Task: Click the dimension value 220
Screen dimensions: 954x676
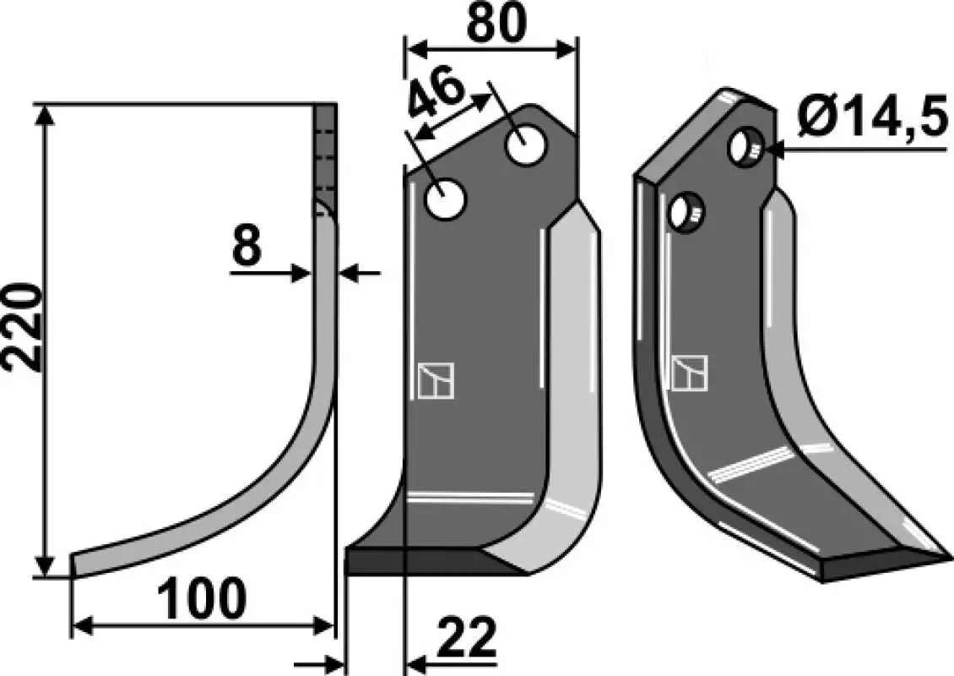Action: coord(23,327)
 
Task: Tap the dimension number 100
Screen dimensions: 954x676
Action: coord(202,599)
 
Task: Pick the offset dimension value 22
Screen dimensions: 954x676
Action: coord(466,637)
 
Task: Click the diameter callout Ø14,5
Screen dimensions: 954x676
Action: coord(871,117)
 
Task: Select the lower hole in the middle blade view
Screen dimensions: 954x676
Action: coord(445,199)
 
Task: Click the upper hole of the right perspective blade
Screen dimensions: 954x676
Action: coord(744,145)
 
